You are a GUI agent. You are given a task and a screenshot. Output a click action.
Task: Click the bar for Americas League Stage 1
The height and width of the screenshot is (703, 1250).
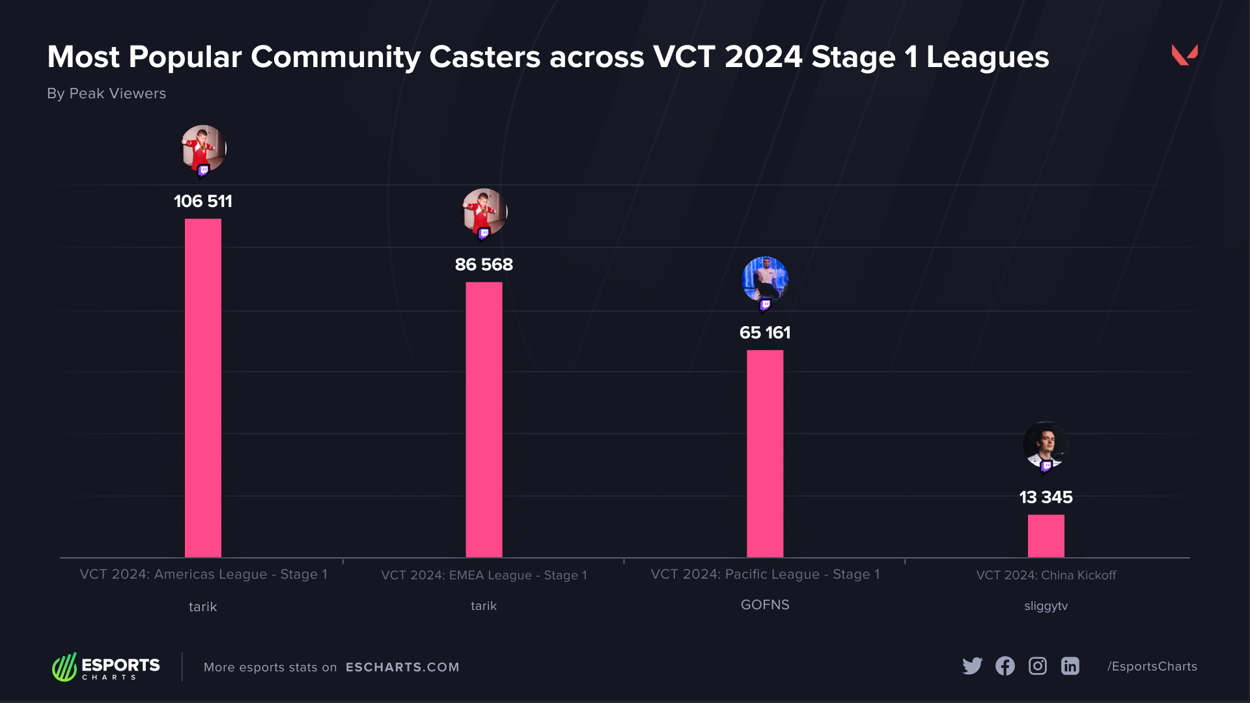[202, 388]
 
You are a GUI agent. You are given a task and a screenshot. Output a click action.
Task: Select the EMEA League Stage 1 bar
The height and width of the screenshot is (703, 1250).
[484, 420]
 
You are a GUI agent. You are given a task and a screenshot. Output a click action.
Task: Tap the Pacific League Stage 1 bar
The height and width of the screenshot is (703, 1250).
[765, 454]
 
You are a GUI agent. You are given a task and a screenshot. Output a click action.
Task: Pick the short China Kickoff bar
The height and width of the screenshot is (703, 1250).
[1046, 536]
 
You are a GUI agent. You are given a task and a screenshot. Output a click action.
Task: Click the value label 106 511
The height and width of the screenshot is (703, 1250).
[202, 201]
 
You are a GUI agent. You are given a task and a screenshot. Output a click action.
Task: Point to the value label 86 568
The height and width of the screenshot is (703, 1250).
[484, 264]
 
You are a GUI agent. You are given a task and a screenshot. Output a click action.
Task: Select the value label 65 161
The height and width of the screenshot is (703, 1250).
[765, 333]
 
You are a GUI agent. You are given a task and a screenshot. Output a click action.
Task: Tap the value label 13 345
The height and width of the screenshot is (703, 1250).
[1046, 497]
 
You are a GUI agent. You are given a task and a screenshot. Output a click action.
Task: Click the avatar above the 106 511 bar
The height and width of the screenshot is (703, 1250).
[203, 149]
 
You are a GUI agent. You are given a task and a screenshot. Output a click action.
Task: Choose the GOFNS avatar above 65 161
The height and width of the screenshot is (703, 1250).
[765, 280]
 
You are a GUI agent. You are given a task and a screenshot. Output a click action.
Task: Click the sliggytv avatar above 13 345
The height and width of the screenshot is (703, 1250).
[1046, 445]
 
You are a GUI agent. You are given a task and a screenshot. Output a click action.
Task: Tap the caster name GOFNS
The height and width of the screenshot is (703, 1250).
[765, 605]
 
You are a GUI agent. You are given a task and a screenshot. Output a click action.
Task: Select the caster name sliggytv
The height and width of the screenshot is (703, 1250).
[1046, 606]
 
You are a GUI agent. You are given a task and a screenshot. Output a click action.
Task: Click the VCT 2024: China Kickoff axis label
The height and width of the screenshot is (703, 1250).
[1046, 575]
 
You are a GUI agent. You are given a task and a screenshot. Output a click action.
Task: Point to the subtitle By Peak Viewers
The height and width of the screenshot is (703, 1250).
[106, 94]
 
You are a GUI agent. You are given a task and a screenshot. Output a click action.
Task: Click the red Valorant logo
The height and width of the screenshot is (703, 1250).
[1184, 55]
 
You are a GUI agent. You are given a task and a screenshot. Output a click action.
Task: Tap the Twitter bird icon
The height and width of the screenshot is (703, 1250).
[972, 666]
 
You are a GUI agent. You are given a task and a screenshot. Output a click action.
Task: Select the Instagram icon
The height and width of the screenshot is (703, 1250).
[1037, 666]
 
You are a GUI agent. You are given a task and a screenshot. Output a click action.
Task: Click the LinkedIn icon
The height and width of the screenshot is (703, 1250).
[1070, 666]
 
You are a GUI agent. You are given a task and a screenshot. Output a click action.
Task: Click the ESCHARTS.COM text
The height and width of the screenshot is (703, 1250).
[402, 667]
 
